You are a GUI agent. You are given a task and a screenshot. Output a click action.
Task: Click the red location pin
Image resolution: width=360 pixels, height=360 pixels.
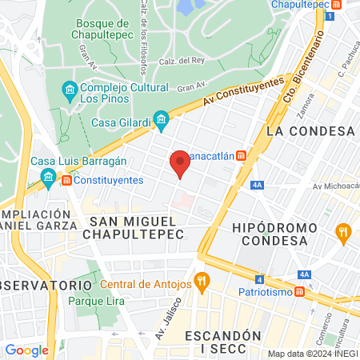180,165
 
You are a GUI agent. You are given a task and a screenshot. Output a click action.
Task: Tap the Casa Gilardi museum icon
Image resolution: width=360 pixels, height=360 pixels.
162,122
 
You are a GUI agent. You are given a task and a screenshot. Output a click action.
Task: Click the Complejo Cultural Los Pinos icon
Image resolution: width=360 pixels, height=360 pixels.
68,88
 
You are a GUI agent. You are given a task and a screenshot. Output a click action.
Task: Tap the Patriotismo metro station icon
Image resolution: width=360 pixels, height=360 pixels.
298,292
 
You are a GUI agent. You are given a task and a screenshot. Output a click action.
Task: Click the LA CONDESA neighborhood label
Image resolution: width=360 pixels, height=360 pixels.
310,130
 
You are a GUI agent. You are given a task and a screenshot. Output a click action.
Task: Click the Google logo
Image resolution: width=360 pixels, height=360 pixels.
26,350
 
